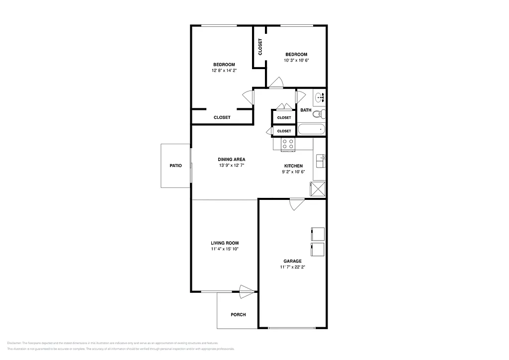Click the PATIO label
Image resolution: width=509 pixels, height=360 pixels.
click(x=175, y=166)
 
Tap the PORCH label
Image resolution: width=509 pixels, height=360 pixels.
click(x=238, y=315)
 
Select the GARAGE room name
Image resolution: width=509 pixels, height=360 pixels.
click(x=292, y=261)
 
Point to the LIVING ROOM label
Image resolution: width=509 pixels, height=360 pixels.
click(x=225, y=243)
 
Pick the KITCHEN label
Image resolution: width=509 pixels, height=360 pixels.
click(x=293, y=166)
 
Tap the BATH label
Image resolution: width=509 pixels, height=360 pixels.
click(x=306, y=110)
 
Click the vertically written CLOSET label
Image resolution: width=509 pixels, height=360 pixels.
click(x=260, y=47)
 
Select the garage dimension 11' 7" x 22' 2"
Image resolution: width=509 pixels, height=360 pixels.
click(x=292, y=267)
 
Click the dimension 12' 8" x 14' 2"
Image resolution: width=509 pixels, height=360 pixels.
click(x=224, y=71)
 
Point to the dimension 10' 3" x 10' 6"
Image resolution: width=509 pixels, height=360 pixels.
click(x=296, y=61)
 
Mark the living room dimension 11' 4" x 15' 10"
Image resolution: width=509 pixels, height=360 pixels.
click(x=225, y=249)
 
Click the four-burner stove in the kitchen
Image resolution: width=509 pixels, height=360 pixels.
click(x=288, y=144)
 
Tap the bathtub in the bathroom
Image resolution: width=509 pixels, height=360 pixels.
click(x=311, y=130)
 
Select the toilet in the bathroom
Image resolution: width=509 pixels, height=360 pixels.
click(x=319, y=114)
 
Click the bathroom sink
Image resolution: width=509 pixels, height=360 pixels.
click(x=320, y=96)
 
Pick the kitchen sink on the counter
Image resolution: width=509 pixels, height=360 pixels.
click(x=321, y=160)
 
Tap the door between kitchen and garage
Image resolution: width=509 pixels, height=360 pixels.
click(x=297, y=203)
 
